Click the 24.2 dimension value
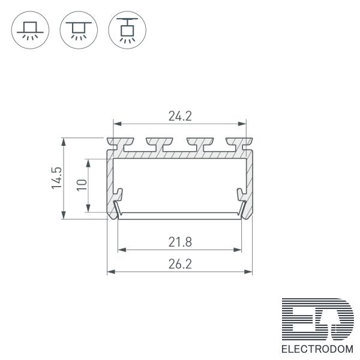180,116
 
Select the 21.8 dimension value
180,242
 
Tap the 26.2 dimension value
180,264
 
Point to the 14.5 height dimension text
57,178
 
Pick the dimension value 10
82,185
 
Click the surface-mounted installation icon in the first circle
30,30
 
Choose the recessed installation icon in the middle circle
79,30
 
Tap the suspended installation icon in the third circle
127,30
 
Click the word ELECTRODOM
317,349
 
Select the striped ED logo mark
318,319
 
